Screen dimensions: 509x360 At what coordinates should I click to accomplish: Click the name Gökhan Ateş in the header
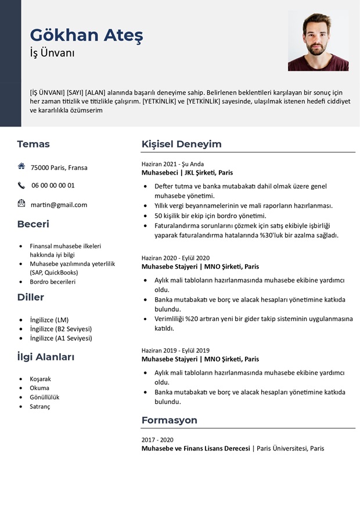[x=87, y=35]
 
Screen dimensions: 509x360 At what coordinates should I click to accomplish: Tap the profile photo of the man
[x=318, y=41]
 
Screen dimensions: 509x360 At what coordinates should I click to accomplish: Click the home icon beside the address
[x=21, y=166]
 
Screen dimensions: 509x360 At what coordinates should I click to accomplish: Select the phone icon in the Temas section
[x=21, y=186]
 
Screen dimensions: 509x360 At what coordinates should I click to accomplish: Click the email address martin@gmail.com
[x=59, y=204]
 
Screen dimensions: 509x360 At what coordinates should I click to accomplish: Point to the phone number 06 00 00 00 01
[x=53, y=185]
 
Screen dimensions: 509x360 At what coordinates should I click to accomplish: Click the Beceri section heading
[x=33, y=224]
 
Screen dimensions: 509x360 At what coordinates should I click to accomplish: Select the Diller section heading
[x=30, y=297]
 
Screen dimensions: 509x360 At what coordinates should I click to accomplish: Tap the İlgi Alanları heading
[x=46, y=357]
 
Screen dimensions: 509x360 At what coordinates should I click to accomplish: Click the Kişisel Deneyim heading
[x=182, y=144]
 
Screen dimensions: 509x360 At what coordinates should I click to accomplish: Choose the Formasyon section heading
[x=170, y=420]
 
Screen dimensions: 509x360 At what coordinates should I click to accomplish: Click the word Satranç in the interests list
[x=40, y=406]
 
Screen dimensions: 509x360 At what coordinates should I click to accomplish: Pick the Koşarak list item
[x=41, y=379]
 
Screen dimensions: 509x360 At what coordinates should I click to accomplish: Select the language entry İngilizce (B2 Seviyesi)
[x=61, y=328]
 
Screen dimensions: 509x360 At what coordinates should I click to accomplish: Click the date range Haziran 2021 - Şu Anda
[x=172, y=164]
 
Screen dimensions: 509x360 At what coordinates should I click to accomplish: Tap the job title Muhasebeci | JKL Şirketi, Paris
[x=187, y=173]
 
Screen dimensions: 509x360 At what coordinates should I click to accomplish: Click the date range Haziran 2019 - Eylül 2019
[x=175, y=351]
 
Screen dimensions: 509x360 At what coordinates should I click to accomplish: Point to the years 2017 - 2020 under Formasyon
[x=157, y=439]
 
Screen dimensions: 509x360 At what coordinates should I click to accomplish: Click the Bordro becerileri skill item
[x=53, y=281]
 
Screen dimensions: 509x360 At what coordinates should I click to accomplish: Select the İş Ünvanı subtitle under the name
[x=52, y=53]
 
